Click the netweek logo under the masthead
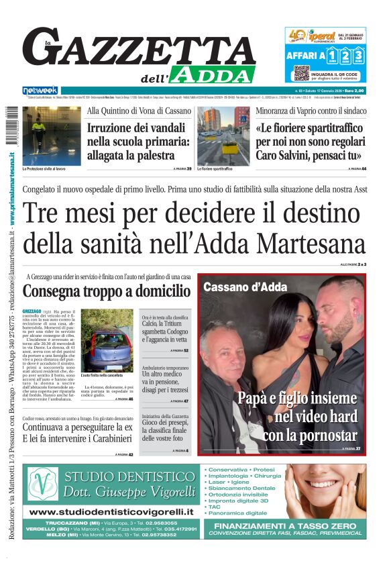click(x=40, y=91)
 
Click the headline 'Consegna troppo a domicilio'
click(x=107, y=291)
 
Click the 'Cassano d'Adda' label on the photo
click(x=242, y=287)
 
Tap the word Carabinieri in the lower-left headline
click(x=104, y=440)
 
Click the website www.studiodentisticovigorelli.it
click(x=111, y=512)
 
